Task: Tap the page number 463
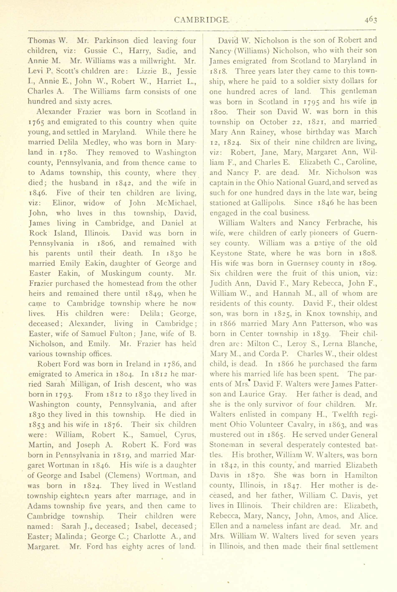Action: pyautogui.click(x=371, y=20)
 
